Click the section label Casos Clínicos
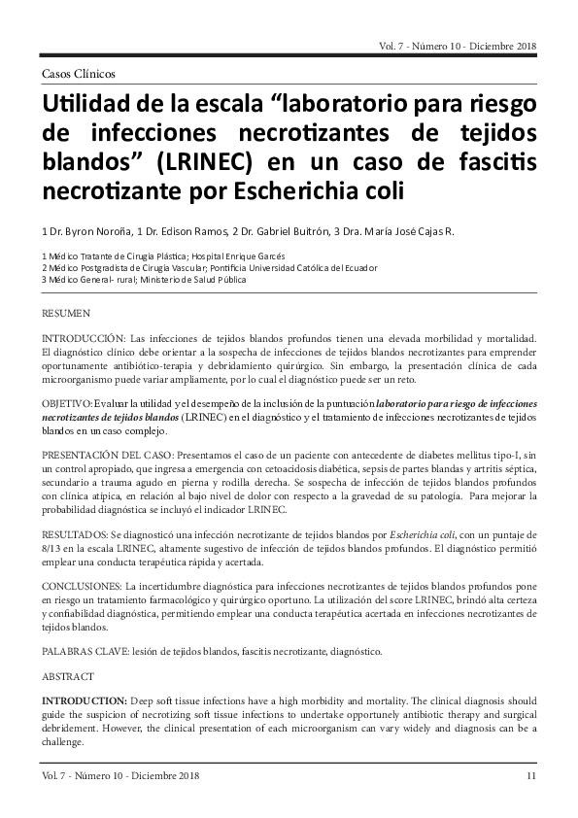[79, 73]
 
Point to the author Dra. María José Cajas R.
[398, 231]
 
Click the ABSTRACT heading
[67, 675]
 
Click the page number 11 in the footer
[530, 775]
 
